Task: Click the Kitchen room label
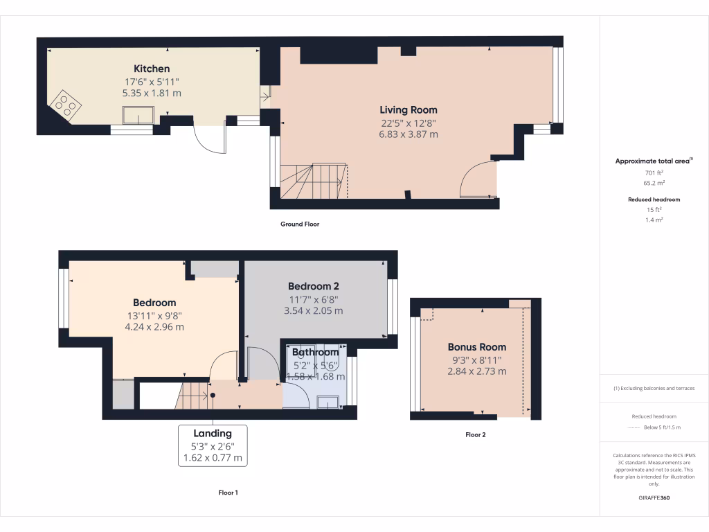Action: (x=152, y=69)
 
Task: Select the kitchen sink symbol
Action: (x=138, y=114)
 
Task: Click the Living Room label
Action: (x=409, y=109)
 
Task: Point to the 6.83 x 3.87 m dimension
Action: (x=409, y=134)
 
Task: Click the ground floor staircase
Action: (x=313, y=181)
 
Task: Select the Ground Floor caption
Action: (x=299, y=224)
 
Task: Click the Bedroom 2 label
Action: (x=313, y=286)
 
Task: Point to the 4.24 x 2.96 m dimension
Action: (x=154, y=327)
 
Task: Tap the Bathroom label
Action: (x=315, y=353)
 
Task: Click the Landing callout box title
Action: (x=213, y=433)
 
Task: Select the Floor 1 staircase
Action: (x=194, y=395)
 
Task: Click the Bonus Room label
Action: (x=476, y=347)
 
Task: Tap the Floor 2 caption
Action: (x=475, y=435)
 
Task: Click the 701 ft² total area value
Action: (x=654, y=172)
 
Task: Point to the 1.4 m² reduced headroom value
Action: (x=654, y=220)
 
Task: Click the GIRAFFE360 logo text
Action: (x=654, y=498)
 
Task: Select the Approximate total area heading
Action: (x=653, y=161)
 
